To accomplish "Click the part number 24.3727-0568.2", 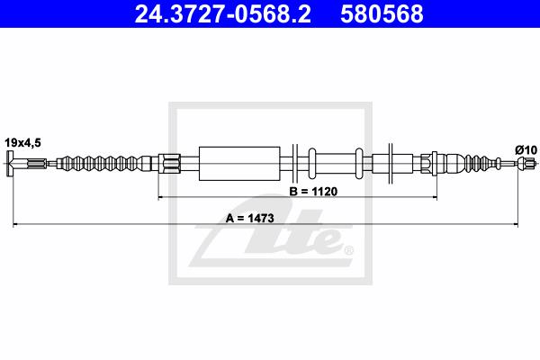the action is point(223,13).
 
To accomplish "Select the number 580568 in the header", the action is point(382,13).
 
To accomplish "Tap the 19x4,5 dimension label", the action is point(22,142).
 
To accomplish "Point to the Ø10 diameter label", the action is point(526,150).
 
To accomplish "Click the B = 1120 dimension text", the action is point(313,191).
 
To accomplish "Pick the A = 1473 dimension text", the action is point(250,218).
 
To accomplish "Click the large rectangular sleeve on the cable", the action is point(239,164).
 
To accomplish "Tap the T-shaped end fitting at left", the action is point(10,163).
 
